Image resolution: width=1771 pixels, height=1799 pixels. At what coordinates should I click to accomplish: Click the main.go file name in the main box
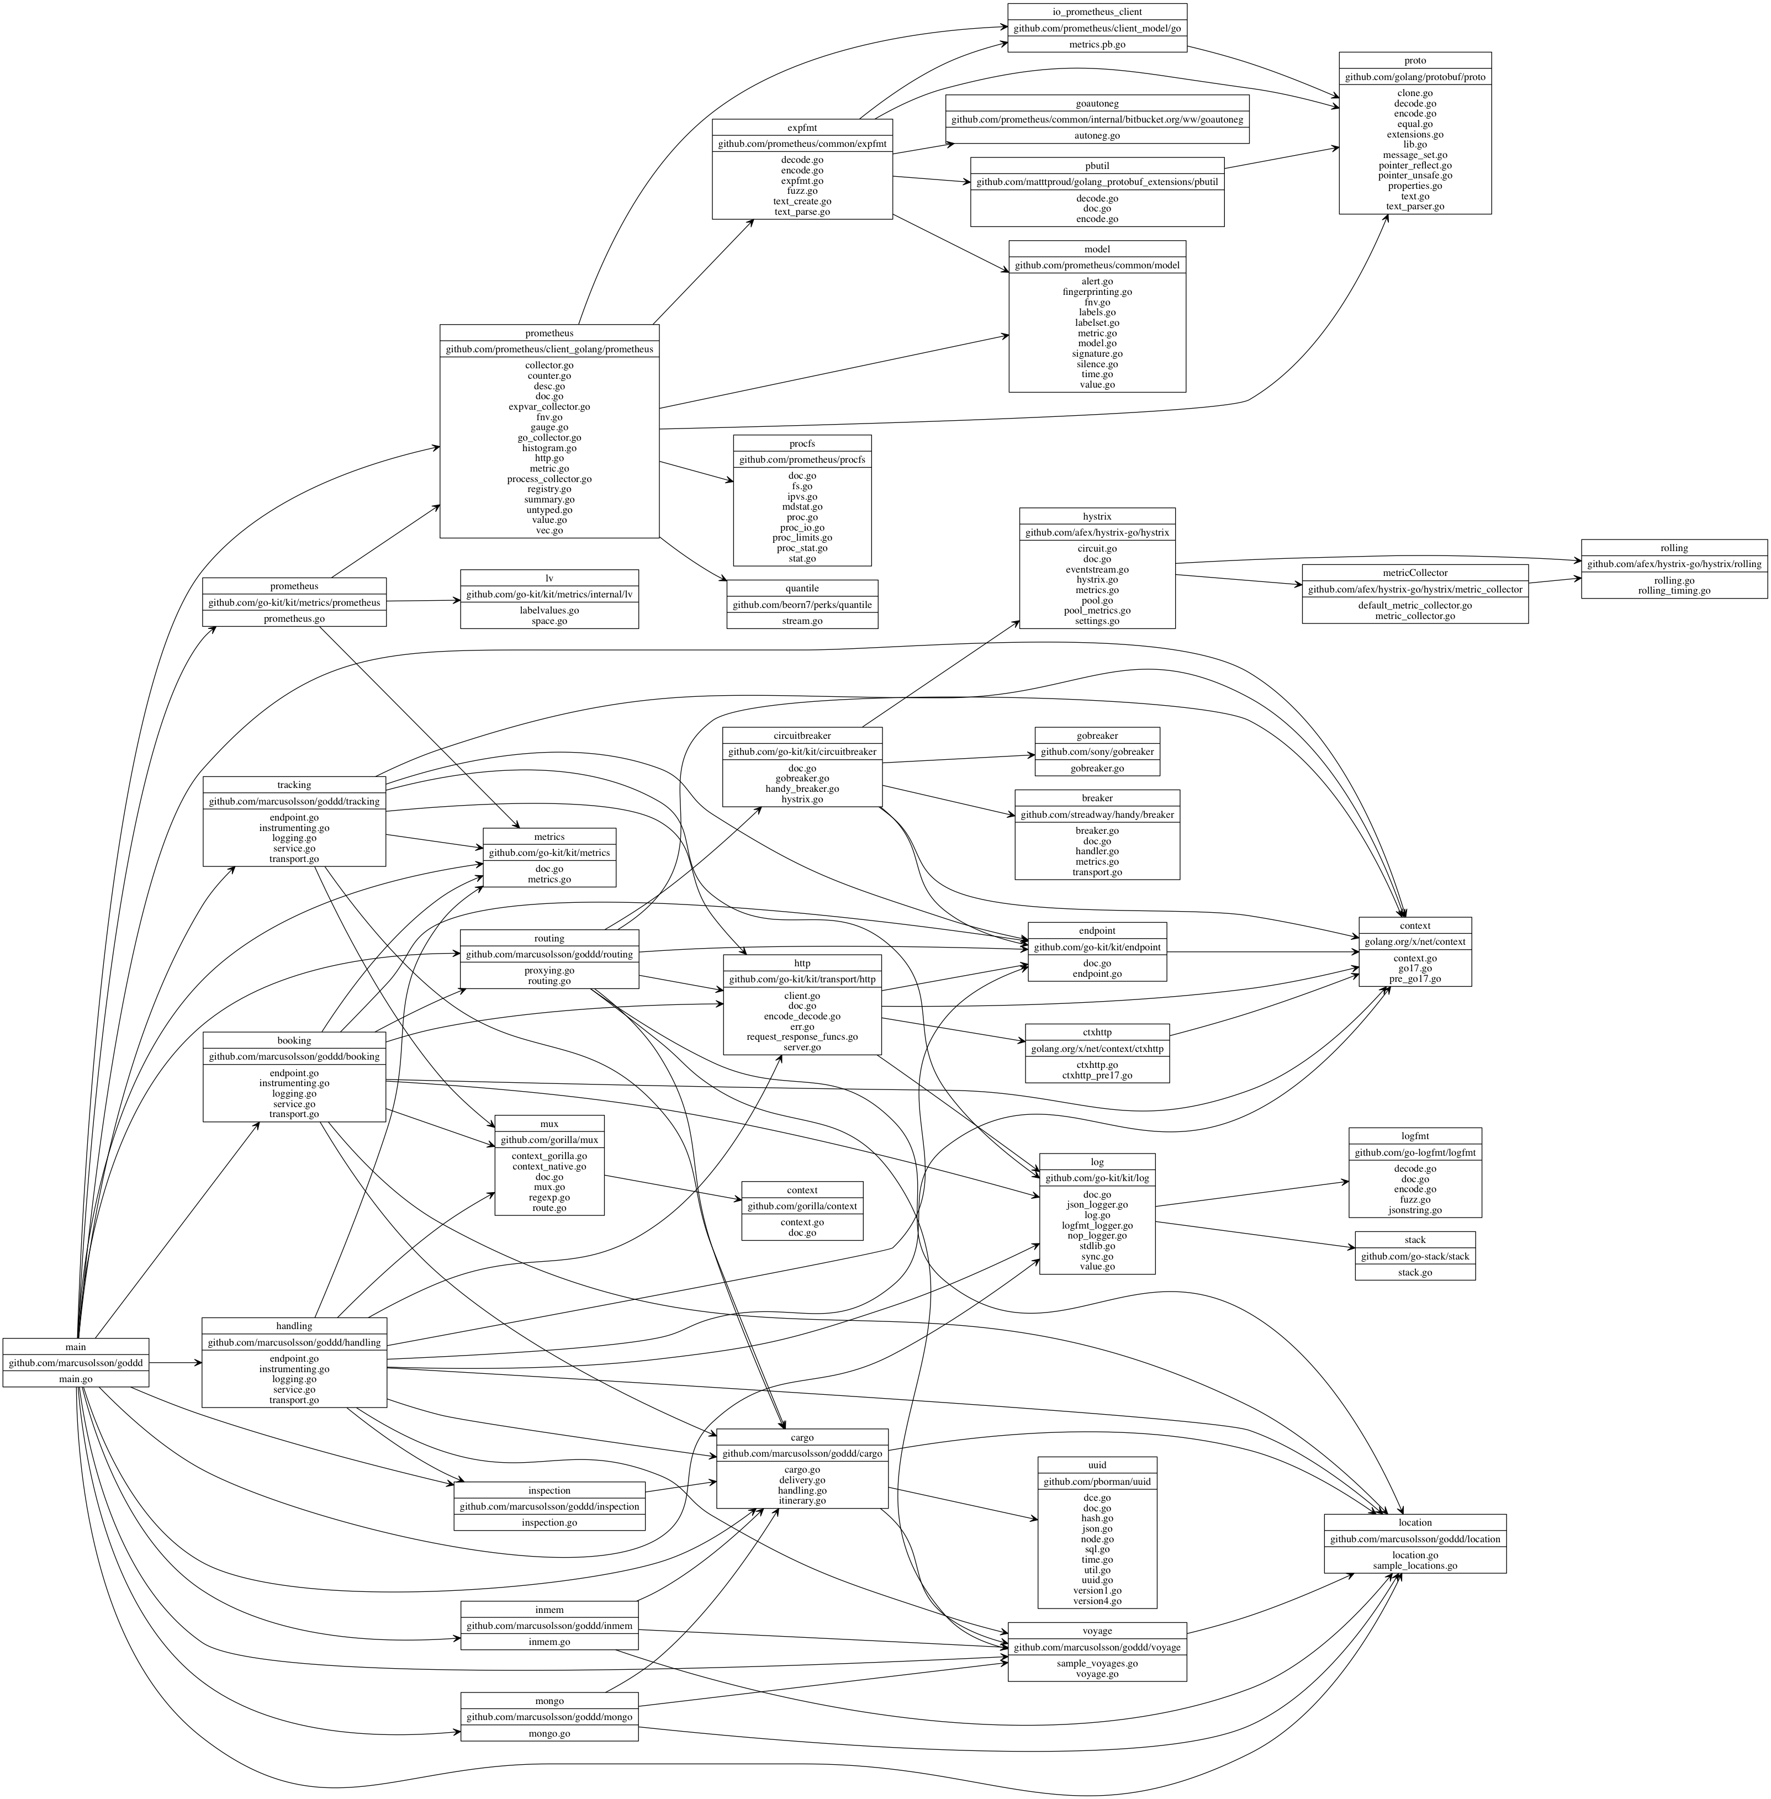(x=75, y=1379)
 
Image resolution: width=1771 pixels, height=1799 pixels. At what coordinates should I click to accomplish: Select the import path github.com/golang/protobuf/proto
(x=1415, y=77)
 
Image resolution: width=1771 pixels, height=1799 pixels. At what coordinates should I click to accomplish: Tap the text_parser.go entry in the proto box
(x=1415, y=207)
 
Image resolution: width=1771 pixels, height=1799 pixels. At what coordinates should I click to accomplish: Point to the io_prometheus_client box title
(x=1097, y=12)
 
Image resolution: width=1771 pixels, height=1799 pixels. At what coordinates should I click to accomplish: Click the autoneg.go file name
(x=1097, y=136)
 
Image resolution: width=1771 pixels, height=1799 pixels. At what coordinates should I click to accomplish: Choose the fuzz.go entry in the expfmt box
(x=802, y=191)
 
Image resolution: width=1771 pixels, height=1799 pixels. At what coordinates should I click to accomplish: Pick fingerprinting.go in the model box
(x=1097, y=292)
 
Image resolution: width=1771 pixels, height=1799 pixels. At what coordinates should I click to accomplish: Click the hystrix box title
(x=1097, y=516)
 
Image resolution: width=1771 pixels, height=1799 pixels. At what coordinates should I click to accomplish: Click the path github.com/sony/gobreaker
(x=1097, y=752)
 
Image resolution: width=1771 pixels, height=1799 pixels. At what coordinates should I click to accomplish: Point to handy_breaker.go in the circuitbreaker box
(x=802, y=789)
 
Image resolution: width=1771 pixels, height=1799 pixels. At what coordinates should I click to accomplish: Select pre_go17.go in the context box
(x=1415, y=978)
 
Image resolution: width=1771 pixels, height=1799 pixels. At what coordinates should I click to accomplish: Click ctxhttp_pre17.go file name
(x=1097, y=1075)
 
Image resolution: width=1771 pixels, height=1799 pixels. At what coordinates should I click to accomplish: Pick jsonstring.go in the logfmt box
(x=1415, y=1210)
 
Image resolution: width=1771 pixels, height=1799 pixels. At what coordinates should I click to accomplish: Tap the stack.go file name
(x=1415, y=1273)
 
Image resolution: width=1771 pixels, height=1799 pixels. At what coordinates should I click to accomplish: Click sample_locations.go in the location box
(x=1415, y=1565)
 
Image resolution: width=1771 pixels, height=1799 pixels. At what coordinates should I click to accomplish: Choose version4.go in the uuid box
(x=1097, y=1601)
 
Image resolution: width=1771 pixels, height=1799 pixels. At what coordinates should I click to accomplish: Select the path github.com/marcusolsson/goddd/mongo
(x=549, y=1717)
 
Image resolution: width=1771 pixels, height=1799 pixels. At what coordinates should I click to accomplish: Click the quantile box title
(x=802, y=589)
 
